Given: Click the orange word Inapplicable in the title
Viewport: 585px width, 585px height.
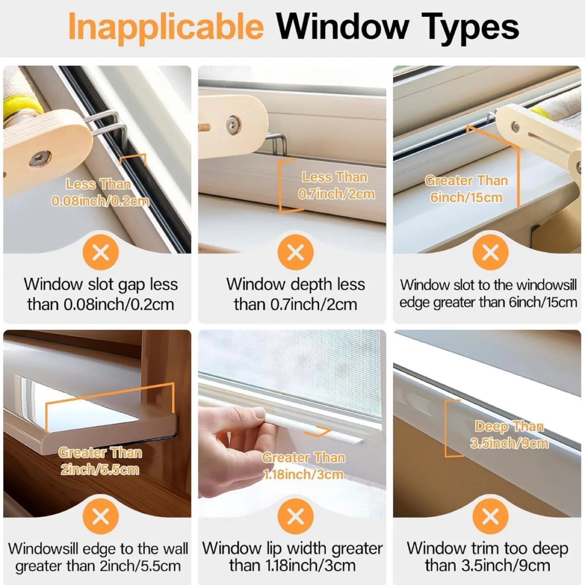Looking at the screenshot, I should [166, 27].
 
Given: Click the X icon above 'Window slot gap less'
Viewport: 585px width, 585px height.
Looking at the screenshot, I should [100, 252].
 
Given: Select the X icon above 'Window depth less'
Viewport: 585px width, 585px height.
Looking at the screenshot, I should [295, 252].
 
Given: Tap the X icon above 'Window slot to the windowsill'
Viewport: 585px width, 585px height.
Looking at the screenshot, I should [490, 252].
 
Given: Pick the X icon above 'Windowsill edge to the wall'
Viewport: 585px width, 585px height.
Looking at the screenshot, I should [100, 516].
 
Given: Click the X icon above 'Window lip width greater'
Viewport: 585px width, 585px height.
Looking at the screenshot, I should [295, 516].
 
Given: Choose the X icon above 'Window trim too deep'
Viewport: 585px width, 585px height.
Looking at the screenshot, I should [490, 516].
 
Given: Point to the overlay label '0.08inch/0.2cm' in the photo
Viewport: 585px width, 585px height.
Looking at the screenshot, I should [100, 201].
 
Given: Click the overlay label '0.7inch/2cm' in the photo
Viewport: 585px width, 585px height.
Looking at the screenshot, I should [336, 194].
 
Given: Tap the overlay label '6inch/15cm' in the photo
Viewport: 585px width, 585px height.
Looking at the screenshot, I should [466, 197].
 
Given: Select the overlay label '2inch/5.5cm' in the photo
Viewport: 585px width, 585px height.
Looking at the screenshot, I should [100, 470].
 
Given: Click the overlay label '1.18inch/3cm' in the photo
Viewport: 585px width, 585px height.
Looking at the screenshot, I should [303, 474].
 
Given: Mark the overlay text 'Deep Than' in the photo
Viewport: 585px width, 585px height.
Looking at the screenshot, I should [509, 426].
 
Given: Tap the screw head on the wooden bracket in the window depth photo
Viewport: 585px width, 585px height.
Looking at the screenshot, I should [233, 122].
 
